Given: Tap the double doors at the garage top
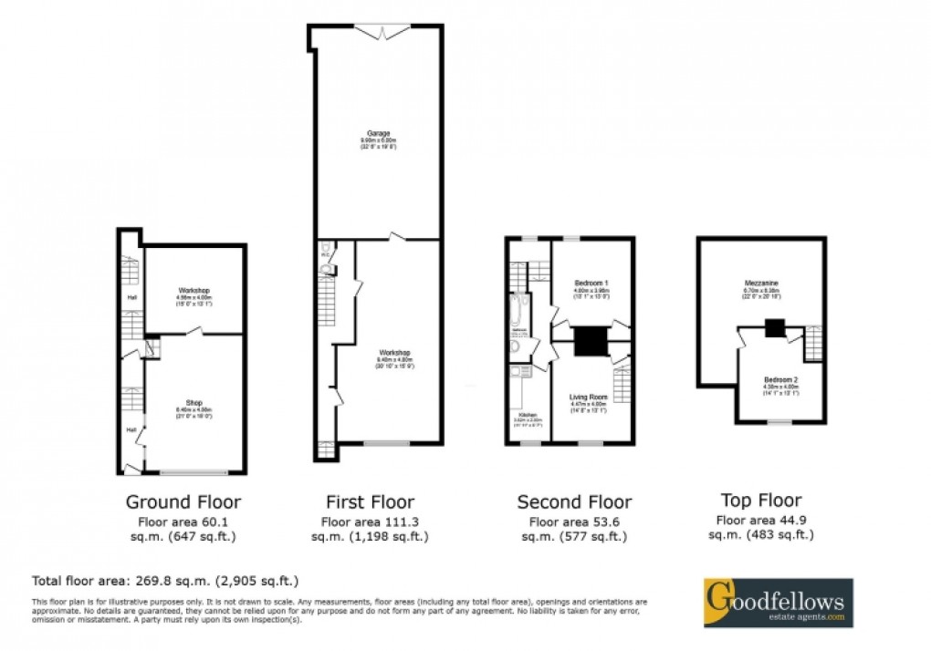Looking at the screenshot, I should pos(381,32).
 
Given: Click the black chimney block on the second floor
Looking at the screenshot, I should pos(590,342).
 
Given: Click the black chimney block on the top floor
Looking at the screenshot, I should pos(774,328).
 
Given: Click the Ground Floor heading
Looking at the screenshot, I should pos(183,501).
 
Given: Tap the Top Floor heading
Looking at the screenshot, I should pos(760,500).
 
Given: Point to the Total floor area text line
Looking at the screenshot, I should pos(165,580).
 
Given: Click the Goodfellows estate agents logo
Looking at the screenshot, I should pos(777,602).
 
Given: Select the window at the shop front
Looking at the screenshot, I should pos(194,472).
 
